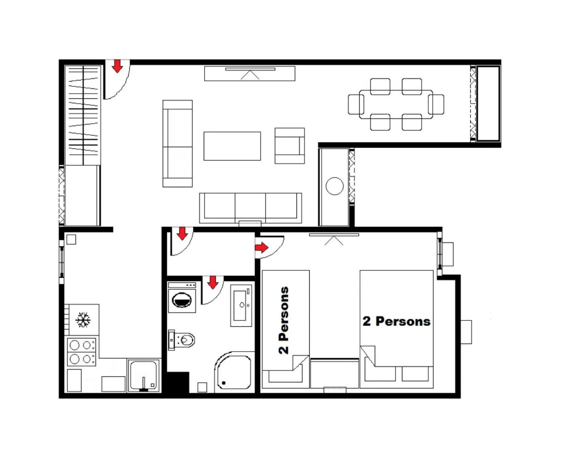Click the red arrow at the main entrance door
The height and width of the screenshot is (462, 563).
[x=117, y=66]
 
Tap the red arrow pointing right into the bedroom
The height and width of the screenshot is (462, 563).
[x=262, y=248]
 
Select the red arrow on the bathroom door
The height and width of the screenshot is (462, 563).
[x=213, y=282]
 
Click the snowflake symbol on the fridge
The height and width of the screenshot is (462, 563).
[x=83, y=320]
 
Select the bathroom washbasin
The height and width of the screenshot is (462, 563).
[x=241, y=306]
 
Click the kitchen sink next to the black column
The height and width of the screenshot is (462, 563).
[x=143, y=376]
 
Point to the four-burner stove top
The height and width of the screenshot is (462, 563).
[x=82, y=352]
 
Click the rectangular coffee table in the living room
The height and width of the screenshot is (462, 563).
[x=232, y=146]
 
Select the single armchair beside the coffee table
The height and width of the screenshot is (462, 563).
[x=290, y=146]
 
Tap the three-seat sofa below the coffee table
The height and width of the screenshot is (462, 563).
[x=251, y=208]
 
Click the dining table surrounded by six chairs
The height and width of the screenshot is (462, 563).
[x=396, y=104]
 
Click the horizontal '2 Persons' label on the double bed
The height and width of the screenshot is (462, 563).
[x=396, y=321]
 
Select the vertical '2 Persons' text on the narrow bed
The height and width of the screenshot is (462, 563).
[x=284, y=320]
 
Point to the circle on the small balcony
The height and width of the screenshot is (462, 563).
[x=334, y=186]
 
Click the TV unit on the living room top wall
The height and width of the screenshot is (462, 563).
[x=250, y=74]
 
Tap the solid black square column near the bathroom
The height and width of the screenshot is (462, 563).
[x=177, y=382]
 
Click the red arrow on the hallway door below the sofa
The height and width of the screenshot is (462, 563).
[x=182, y=233]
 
